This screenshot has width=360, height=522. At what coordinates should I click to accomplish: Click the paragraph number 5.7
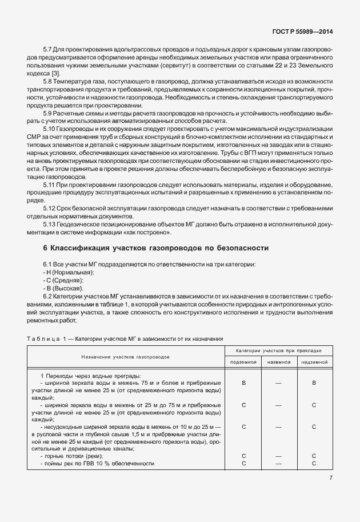[x=48, y=50]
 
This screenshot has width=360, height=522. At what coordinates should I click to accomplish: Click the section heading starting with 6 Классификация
[x=155, y=249]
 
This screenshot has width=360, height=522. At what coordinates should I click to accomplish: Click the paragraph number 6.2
[x=48, y=297]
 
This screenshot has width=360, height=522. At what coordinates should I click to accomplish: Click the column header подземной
[x=244, y=362]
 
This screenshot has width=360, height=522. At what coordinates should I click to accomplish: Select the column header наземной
[x=279, y=362]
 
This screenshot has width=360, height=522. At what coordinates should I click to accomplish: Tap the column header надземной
[x=314, y=362]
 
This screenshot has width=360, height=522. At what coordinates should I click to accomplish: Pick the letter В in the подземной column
[x=244, y=382]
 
